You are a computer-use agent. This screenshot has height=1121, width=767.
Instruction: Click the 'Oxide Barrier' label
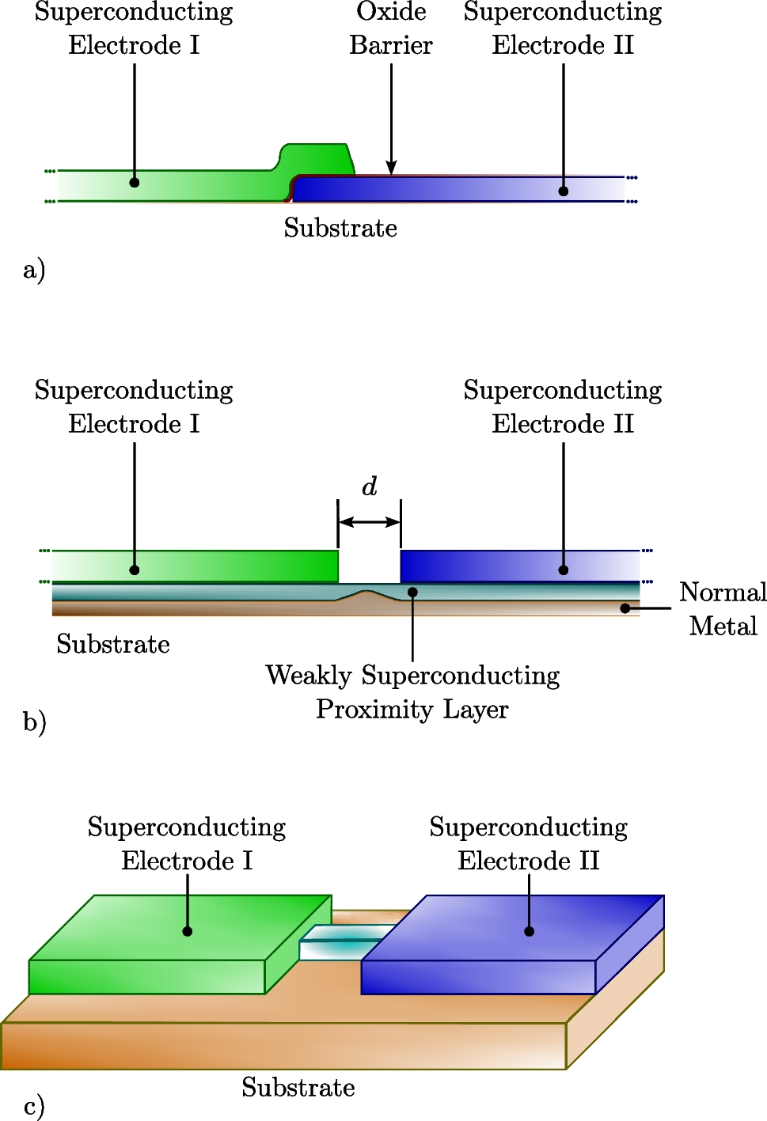pos(391,28)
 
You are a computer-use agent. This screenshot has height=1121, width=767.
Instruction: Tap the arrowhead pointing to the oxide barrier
pos(391,167)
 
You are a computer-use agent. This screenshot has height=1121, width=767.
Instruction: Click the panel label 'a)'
pos(34,270)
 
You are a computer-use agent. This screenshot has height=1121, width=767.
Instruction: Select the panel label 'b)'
pos(34,721)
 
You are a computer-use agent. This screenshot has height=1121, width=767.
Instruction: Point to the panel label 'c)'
pos(34,1105)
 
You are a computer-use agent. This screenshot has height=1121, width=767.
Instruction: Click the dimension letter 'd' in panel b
pos(370,486)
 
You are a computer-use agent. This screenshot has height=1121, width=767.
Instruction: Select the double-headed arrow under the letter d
pos(370,522)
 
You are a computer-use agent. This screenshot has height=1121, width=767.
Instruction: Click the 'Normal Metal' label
pos(723,609)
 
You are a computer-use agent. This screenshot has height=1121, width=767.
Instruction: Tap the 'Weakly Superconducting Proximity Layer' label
pos(412,692)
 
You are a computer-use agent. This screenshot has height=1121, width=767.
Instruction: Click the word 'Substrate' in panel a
pos(340,228)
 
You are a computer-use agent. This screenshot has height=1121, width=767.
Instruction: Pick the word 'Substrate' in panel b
pos(113,644)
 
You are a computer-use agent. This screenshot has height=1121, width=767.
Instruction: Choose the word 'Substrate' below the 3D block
pos(298,1087)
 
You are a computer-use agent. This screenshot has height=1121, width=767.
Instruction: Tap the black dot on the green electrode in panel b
pos(135,570)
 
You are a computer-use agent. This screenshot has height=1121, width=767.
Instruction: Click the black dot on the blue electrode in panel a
pos(564,191)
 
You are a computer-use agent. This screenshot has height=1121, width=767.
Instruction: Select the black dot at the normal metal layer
pos(625,608)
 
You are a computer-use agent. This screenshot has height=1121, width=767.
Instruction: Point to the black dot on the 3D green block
pos(188,931)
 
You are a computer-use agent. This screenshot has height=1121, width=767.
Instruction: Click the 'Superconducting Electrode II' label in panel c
pos(529,843)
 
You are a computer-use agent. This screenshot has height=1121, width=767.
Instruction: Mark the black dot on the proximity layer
pos(412,592)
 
